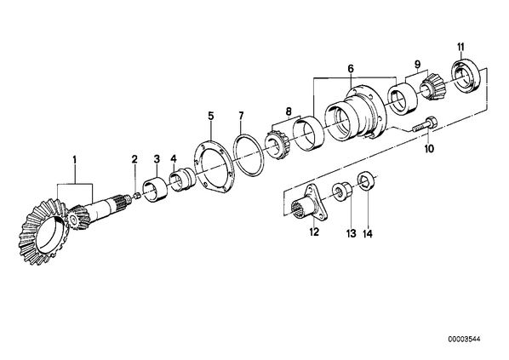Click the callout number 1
(75, 160)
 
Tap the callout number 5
(211, 115)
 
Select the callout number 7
(241, 115)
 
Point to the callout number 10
(429, 149)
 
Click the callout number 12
(314, 231)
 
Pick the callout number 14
(368, 234)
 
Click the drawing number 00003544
(464, 340)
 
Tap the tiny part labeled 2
(137, 196)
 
